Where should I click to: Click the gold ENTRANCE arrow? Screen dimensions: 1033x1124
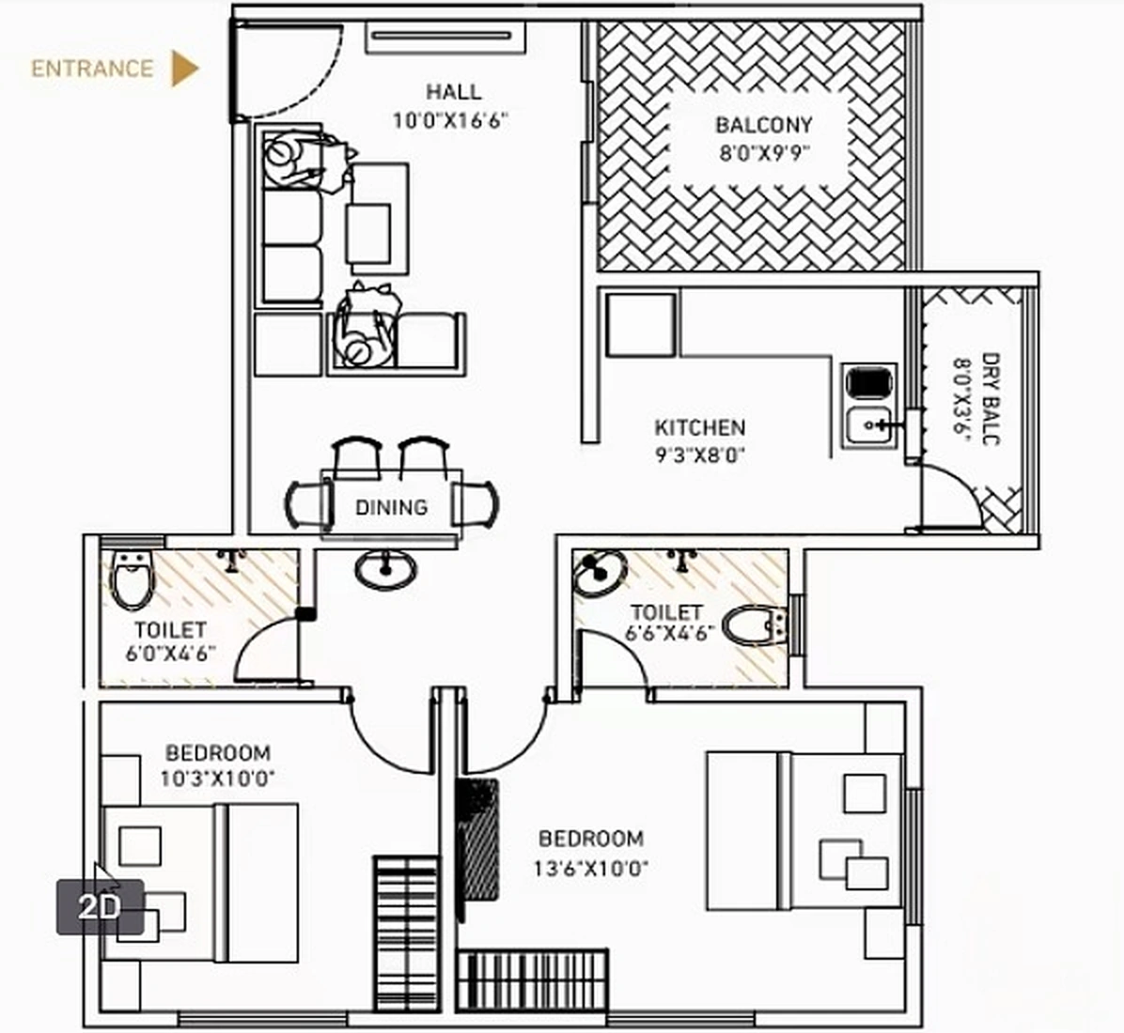[x=183, y=69]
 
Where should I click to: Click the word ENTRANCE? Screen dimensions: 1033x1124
[x=92, y=69]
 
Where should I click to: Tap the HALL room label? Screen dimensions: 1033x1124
[x=453, y=92]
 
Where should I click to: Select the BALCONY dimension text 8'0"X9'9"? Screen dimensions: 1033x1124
[x=764, y=153]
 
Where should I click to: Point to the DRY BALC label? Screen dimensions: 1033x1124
[x=990, y=399]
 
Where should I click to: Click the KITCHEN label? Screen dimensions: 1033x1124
[x=700, y=428]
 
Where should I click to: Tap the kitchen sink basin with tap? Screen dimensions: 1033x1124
[x=870, y=427]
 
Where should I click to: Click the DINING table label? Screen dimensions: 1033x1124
[x=391, y=507]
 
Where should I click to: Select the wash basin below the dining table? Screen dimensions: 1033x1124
[x=385, y=567]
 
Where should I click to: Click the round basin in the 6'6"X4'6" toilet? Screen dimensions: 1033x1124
[x=600, y=572]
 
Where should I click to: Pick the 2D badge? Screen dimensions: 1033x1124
[x=100, y=906]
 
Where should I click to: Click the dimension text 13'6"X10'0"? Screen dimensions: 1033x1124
[x=590, y=868]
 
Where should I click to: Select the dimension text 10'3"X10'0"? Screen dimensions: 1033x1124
[x=217, y=779]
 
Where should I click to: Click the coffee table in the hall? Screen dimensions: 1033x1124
[x=368, y=233]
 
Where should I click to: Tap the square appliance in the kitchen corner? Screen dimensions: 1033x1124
[x=641, y=324]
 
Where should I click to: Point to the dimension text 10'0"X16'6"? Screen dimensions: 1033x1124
[x=451, y=120]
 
